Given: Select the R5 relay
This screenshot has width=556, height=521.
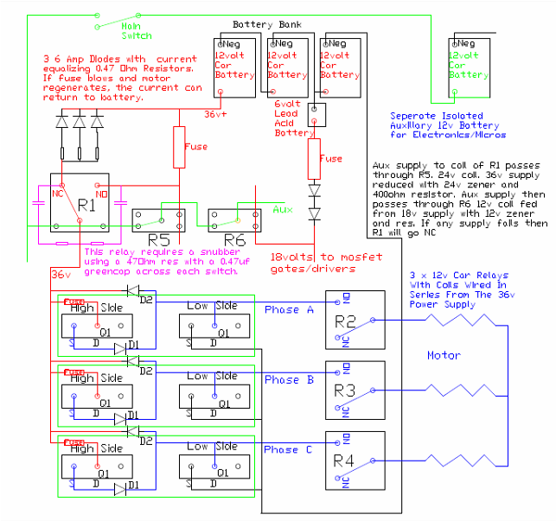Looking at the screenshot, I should [158, 219].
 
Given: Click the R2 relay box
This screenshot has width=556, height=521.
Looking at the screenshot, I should [353, 320].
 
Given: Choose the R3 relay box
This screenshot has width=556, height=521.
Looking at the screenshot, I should [353, 390].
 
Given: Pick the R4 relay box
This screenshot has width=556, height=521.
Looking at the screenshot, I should [353, 460].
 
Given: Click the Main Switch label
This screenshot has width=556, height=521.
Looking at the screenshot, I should [137, 31].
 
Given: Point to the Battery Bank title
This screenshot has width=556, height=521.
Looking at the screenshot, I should [268, 25].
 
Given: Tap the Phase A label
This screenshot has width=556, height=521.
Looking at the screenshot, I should [282, 310].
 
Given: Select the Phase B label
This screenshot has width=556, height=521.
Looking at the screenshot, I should [282, 380].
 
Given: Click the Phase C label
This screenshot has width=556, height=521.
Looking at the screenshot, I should [282, 450].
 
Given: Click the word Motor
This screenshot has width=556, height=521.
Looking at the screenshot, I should [444, 354].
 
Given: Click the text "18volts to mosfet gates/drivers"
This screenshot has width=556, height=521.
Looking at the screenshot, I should [315, 263].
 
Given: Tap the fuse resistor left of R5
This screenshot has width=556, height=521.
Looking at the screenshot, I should [179, 147].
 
